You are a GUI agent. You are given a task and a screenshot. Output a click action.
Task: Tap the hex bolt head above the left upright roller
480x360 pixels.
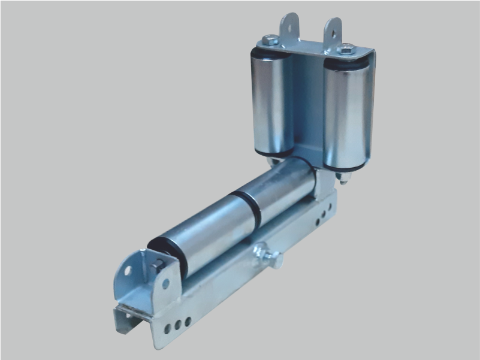point(270,41)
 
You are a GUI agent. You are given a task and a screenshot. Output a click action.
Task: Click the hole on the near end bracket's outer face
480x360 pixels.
point(128,271)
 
